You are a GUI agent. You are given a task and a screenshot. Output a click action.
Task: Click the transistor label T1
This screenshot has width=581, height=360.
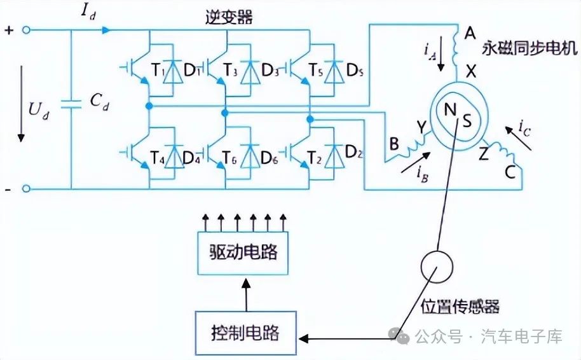coord(158,70)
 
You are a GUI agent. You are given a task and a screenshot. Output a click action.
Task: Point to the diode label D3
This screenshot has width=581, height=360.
coord(270,70)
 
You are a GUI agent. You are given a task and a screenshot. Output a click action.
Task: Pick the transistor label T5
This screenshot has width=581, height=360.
coord(316,70)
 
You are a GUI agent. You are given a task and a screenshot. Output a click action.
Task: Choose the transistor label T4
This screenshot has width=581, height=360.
coord(158,158)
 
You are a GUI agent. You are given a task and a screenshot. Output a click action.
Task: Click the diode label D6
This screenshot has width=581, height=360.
coord(270,158)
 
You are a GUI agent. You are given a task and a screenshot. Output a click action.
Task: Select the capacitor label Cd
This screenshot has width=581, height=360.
coord(99,101)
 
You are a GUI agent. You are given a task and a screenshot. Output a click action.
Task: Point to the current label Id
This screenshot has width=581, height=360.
coord(88,12)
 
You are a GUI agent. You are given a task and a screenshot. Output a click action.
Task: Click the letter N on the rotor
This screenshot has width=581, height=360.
coord(450,110)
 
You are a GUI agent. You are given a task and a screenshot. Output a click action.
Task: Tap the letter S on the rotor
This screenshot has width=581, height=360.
coord(467,121)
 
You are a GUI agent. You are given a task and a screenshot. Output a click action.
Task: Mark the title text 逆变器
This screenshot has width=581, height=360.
coord(229,17)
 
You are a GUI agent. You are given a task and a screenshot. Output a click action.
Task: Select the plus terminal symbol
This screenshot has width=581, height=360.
coord(9,30)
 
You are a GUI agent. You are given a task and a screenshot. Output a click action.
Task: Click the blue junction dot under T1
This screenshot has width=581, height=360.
coord(149,106)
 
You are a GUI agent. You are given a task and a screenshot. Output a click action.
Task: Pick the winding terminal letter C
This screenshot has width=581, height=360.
coord(510,172)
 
